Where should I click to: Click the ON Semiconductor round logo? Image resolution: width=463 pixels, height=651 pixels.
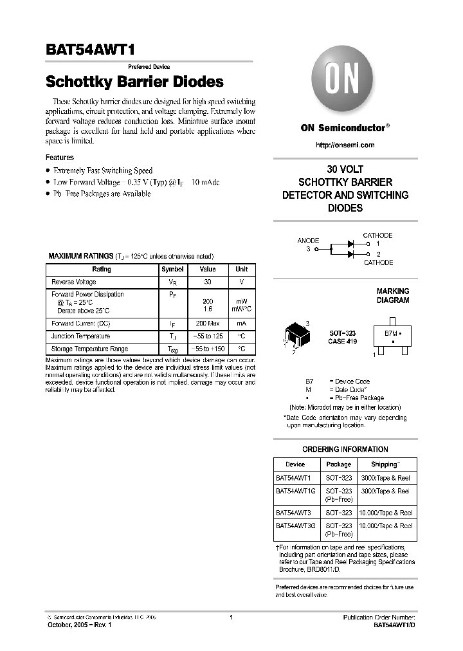pyautogui.click(x=345, y=82)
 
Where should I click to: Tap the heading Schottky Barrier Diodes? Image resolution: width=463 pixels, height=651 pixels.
pyautogui.click(x=134, y=82)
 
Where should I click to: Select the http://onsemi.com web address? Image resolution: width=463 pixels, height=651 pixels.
pyautogui.click(x=345, y=145)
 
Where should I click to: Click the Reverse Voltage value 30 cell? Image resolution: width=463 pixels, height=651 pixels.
pyautogui.click(x=208, y=282)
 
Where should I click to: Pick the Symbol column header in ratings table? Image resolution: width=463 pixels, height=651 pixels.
pyautogui.click(x=172, y=269)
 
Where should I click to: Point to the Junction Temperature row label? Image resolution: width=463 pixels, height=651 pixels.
pyautogui.click(x=80, y=336)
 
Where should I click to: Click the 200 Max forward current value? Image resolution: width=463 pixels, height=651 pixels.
pyautogui.click(x=208, y=323)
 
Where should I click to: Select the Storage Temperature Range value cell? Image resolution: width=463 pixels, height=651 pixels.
pyautogui.click(x=208, y=349)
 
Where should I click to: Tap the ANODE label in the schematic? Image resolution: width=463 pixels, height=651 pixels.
pyautogui.click(x=308, y=241)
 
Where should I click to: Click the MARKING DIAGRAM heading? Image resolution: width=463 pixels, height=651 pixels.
pyautogui.click(x=392, y=295)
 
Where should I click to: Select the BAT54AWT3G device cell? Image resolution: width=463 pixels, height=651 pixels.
pyautogui.click(x=296, y=526)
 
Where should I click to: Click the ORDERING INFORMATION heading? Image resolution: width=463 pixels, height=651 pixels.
pyautogui.click(x=345, y=449)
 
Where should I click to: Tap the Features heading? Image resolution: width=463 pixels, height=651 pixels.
pyautogui.click(x=60, y=157)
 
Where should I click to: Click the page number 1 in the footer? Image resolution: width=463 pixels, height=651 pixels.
pyautogui.click(x=232, y=618)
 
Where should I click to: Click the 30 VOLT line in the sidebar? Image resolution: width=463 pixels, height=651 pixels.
pyautogui.click(x=345, y=170)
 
